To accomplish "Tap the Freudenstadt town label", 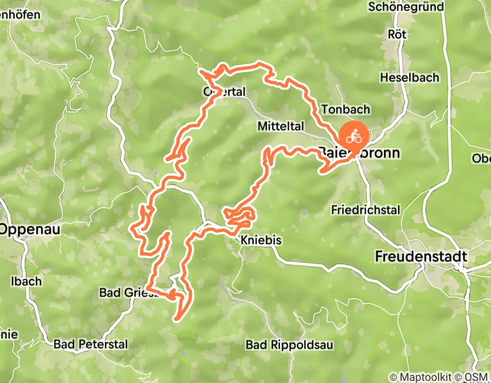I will tap(421, 256).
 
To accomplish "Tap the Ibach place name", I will tap(26, 281).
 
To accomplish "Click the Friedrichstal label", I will tap(366, 210).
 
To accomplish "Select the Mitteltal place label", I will tap(280, 126).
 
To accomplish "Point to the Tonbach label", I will tap(346, 109).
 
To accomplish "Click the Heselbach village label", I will tap(410, 78).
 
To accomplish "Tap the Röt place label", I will tap(397, 34).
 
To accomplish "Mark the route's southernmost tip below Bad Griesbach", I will tap(177, 318).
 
